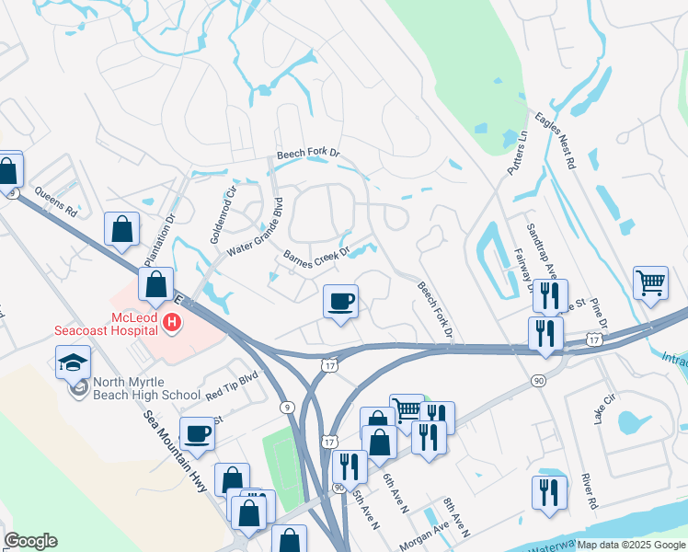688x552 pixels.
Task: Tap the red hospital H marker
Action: click(x=171, y=323)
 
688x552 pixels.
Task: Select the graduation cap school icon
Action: click(x=73, y=362)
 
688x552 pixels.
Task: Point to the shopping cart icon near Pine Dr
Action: click(x=650, y=284)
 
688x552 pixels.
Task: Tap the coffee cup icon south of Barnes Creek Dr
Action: click(x=340, y=302)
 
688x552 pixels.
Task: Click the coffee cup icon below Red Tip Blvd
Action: click(x=197, y=432)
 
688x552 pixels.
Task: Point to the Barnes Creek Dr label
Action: click(x=316, y=259)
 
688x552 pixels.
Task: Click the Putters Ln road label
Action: click(x=517, y=153)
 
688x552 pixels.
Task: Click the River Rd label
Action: click(x=590, y=491)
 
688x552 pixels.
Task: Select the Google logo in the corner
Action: click(x=30, y=541)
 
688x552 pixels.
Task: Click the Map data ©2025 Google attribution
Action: click(x=631, y=545)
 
